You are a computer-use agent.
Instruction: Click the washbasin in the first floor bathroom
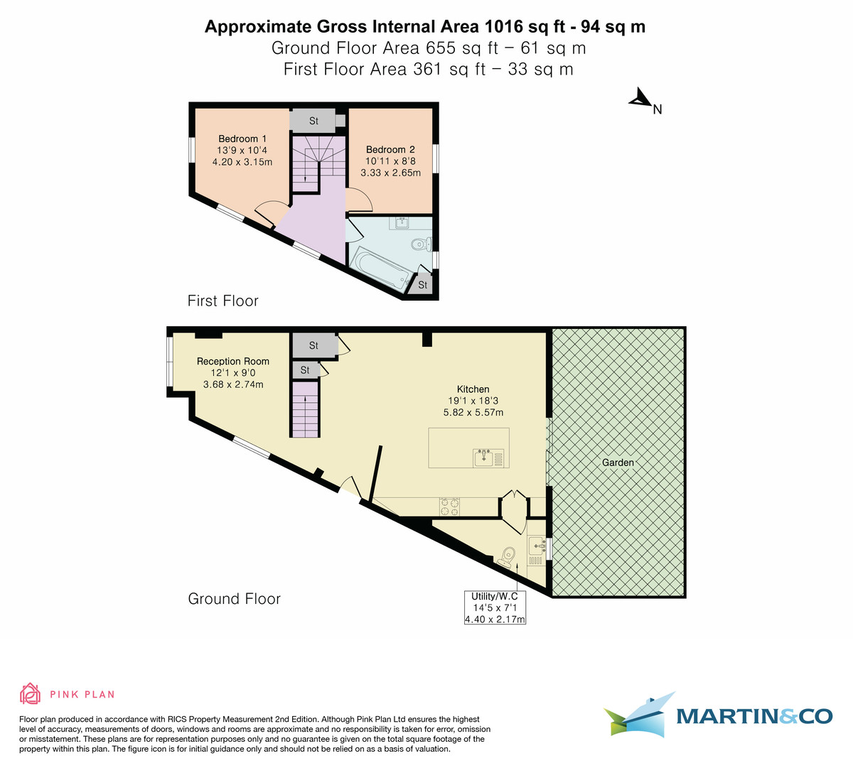tap(401, 222)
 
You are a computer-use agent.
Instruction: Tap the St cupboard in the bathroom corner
tap(422, 284)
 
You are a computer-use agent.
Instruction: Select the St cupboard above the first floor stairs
tap(313, 121)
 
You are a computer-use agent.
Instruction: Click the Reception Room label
tap(233, 361)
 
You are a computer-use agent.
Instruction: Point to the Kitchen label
tap(473, 389)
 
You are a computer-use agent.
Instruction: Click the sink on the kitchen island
tap(485, 458)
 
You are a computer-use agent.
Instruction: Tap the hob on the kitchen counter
tap(449, 506)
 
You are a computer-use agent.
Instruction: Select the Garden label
tap(618, 463)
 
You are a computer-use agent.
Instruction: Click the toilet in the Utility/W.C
tap(507, 556)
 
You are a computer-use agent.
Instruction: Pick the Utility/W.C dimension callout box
tap(495, 607)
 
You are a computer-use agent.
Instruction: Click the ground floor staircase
tap(304, 409)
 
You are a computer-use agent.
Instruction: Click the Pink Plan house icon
tap(30, 694)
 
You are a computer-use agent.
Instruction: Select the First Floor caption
tap(222, 301)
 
